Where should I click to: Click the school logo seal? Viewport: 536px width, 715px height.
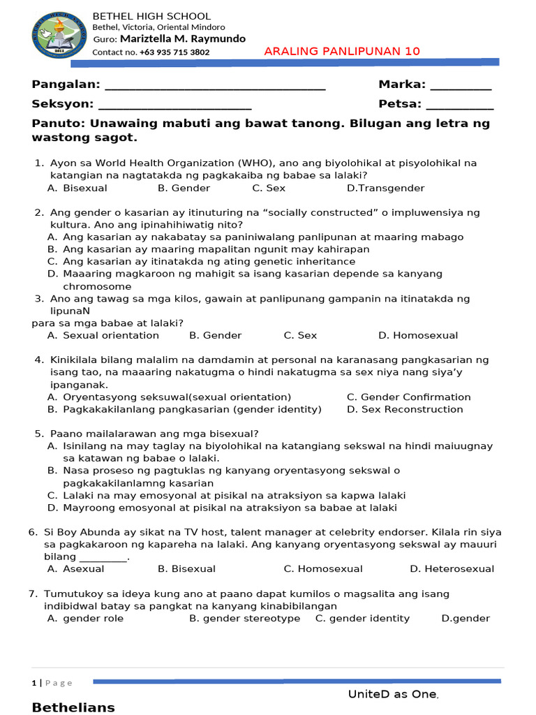[61, 34]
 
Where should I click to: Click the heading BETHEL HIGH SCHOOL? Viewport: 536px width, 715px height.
[151, 16]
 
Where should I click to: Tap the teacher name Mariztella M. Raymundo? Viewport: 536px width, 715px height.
[183, 39]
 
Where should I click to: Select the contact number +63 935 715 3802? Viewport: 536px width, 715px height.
[174, 52]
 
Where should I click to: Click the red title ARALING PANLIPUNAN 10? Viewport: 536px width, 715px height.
[342, 52]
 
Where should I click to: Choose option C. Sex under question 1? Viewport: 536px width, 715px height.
[269, 188]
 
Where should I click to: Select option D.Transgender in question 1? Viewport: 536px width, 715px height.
[385, 188]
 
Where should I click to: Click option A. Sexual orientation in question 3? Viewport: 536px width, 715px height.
[103, 335]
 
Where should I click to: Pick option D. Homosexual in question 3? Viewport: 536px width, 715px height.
[418, 335]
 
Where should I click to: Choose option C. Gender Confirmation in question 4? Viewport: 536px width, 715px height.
[409, 397]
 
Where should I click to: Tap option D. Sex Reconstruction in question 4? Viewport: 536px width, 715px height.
[405, 409]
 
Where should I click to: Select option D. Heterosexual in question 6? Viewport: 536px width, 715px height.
[452, 569]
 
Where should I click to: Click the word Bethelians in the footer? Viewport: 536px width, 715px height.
[73, 707]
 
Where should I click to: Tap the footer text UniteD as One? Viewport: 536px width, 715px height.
[393, 694]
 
